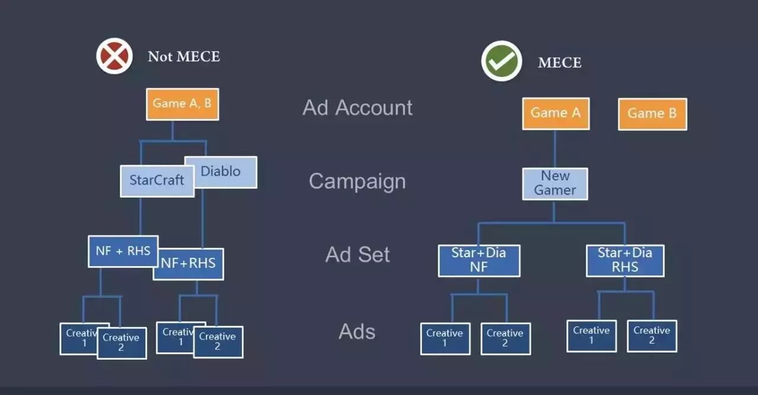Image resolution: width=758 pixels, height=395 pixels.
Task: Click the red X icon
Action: tap(114, 56)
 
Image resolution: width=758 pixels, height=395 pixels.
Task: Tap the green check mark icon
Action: tap(502, 61)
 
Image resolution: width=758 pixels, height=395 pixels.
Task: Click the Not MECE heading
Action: tap(184, 57)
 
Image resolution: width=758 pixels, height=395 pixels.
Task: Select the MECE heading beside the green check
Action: tap(560, 63)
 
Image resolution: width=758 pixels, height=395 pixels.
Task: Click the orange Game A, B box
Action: tap(182, 103)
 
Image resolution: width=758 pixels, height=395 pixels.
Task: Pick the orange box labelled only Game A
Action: tap(555, 113)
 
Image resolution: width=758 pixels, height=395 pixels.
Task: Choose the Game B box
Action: tap(652, 114)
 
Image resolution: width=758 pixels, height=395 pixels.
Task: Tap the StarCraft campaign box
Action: tap(157, 180)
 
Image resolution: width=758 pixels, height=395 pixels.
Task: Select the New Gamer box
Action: tap(555, 183)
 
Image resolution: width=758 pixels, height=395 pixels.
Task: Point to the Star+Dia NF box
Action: tap(478, 260)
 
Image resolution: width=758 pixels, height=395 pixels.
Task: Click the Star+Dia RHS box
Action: tap(625, 260)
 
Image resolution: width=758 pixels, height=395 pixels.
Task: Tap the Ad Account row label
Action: tap(358, 108)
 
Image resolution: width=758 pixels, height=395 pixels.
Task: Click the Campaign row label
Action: tap(357, 181)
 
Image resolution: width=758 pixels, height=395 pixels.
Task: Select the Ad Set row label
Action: tap(358, 255)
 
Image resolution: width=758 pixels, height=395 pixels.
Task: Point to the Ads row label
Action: tap(357, 332)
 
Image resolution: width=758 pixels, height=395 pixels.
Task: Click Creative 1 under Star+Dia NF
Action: tap(445, 338)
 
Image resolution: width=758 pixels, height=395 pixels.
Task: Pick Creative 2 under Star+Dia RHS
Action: tap(651, 336)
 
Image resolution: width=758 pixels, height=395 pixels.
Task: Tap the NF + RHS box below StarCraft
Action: tap(123, 251)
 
